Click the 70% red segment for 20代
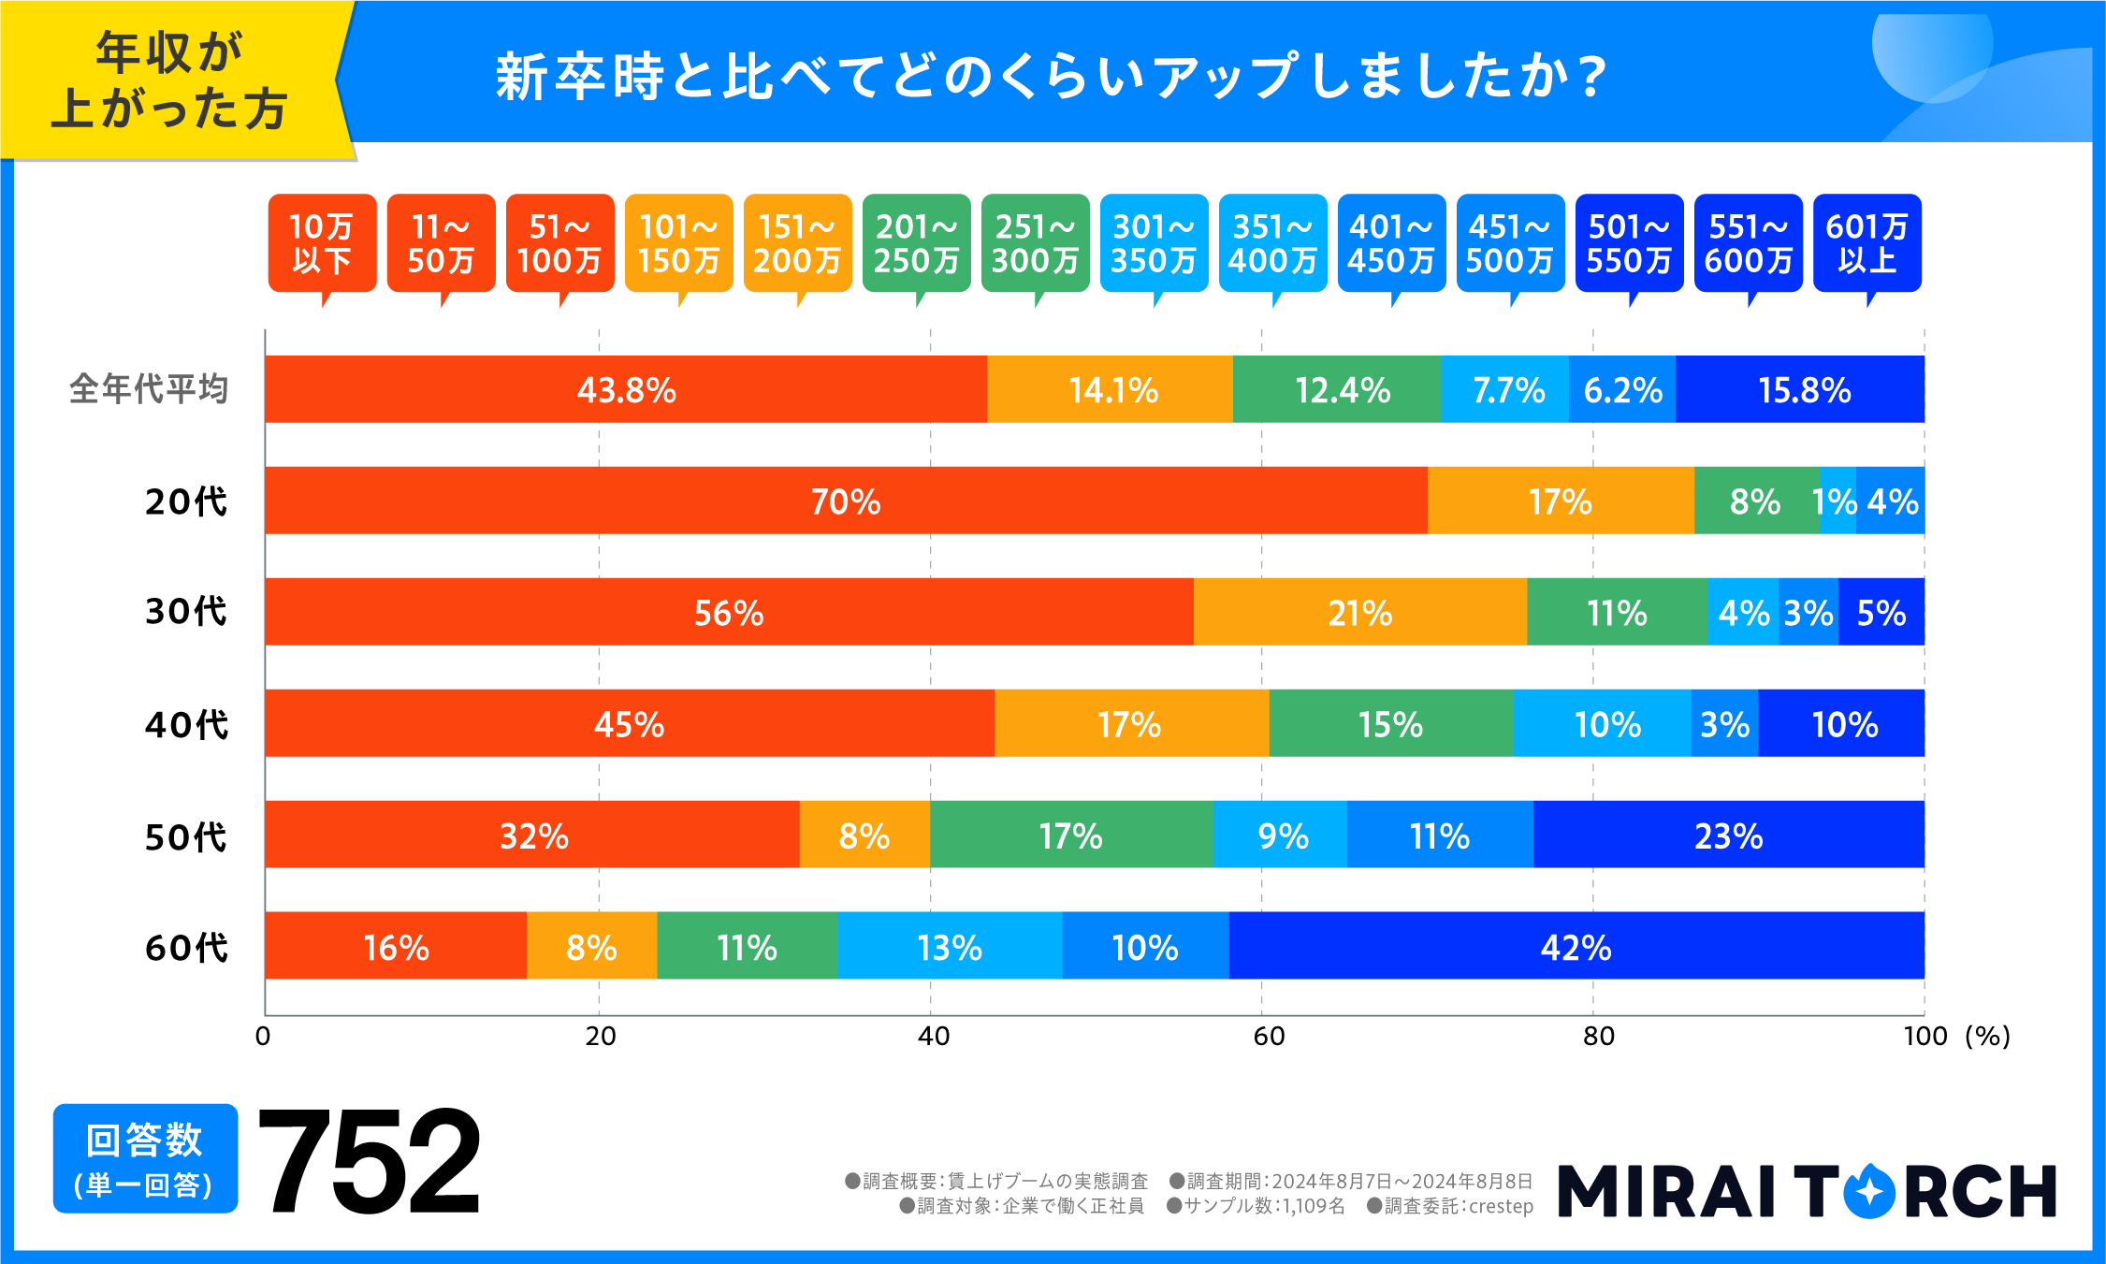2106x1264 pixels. tap(846, 501)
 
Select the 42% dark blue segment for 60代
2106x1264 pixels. tap(1576, 946)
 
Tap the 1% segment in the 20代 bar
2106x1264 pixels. tap(1837, 501)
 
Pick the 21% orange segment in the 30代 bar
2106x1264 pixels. tap(1359, 612)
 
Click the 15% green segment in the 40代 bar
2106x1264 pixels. tap(1390, 723)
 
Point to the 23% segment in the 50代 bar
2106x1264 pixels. tap(1728, 835)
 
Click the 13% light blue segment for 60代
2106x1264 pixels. tap(949, 946)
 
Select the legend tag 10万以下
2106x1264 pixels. tap(322, 243)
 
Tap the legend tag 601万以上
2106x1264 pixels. tap(1866, 243)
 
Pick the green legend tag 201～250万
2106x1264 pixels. tap(916, 243)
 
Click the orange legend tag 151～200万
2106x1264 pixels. tap(797, 243)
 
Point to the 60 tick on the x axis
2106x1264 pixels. tap(1269, 1036)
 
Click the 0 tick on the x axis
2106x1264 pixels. tap(263, 1036)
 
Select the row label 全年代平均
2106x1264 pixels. tap(149, 389)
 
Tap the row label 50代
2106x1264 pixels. tap(185, 835)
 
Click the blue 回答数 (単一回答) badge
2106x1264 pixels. tap(145, 1158)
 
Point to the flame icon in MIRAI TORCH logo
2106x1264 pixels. tap(1868, 1190)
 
